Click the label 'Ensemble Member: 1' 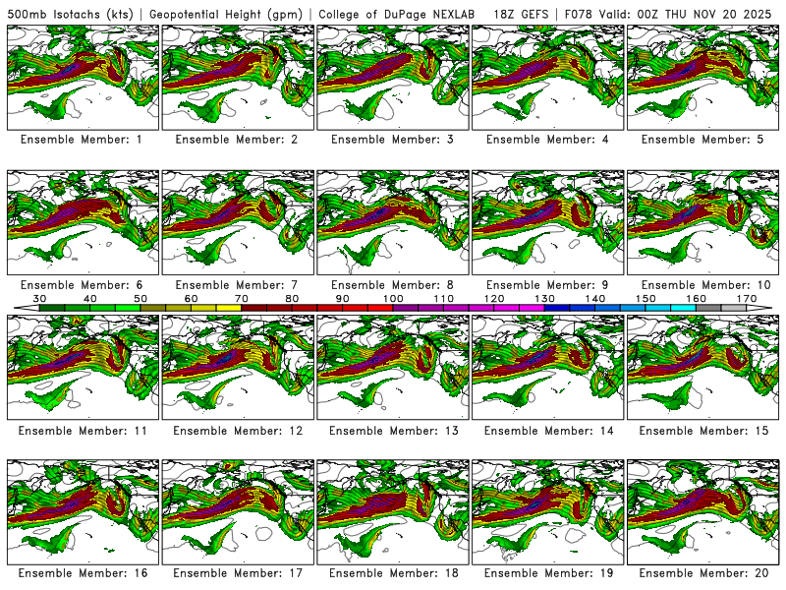click(x=81, y=140)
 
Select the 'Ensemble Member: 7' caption click(x=236, y=285)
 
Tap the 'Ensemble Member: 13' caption click(x=391, y=431)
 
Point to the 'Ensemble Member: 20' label click(x=702, y=573)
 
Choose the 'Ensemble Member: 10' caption click(x=702, y=285)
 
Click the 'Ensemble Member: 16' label click(x=81, y=573)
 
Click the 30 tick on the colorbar click(x=39, y=298)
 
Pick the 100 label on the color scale click(x=393, y=298)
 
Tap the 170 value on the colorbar click(x=747, y=298)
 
